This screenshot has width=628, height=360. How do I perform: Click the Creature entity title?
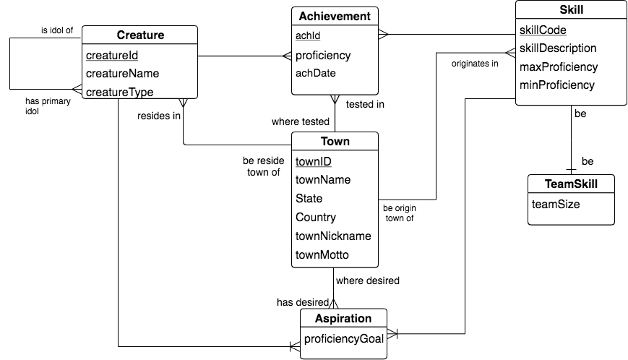tap(139, 35)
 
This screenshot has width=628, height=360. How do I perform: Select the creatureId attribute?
tap(112, 55)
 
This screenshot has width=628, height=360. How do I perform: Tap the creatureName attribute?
tap(122, 74)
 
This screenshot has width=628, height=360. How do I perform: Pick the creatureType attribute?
tap(119, 92)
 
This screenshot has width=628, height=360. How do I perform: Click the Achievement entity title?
tap(335, 16)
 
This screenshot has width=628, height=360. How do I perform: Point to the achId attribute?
tap(309, 36)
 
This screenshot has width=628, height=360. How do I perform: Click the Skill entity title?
tap(572, 10)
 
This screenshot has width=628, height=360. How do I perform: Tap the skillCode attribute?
tap(543, 30)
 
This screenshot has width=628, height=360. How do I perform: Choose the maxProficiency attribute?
tap(559, 67)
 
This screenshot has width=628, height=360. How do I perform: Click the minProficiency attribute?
tap(556, 85)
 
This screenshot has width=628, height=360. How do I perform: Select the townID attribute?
tap(313, 161)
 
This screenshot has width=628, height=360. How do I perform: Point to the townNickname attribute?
tap(333, 236)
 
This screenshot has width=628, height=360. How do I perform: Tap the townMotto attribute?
tap(322, 254)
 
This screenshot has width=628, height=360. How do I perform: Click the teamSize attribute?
tap(556, 204)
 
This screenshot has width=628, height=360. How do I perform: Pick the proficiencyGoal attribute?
tap(343, 339)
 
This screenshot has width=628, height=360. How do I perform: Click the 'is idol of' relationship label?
tap(57, 30)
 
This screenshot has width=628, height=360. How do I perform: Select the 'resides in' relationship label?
tap(159, 116)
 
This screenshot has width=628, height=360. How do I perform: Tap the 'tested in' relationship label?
tap(365, 104)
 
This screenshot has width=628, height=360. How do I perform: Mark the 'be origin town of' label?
tap(400, 213)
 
